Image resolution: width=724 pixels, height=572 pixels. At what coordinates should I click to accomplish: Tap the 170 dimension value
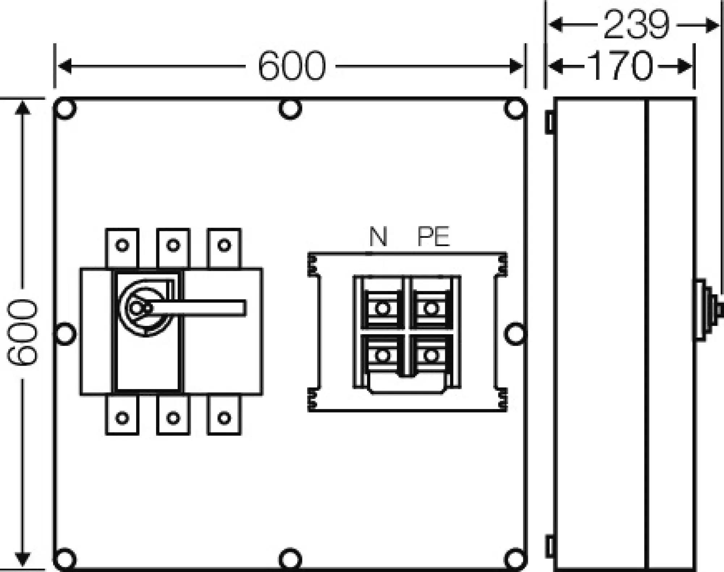coord(620,67)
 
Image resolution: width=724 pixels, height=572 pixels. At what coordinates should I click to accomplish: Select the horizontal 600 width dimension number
coord(292,67)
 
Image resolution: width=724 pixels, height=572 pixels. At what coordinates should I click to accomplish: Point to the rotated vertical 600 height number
coord(22,331)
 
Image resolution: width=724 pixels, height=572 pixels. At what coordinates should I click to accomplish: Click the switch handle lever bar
coord(199,308)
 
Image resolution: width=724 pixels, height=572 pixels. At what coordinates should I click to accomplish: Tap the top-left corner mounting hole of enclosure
coord(66,108)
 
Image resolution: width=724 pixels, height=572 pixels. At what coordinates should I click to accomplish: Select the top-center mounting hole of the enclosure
coord(290,108)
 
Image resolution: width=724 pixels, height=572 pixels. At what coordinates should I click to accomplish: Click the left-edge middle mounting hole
coord(66,333)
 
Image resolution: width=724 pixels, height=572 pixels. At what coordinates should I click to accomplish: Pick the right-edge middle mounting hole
coord(515,333)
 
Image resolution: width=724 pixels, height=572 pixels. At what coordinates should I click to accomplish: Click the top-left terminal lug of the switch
coord(122,246)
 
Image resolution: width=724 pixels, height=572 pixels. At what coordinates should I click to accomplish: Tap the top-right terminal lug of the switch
coord(224,246)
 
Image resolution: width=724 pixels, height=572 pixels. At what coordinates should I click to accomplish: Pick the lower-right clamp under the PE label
coord(431,356)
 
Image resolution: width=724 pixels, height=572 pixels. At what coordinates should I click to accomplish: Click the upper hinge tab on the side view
coord(550,122)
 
